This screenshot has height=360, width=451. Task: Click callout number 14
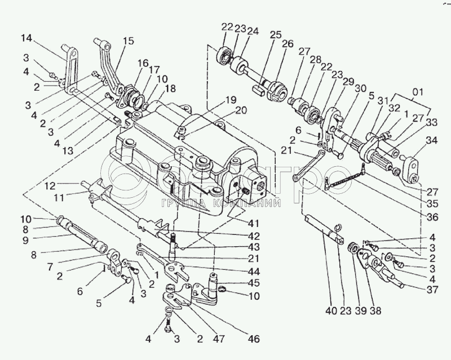[26, 39]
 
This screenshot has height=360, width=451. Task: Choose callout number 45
[254, 283]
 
